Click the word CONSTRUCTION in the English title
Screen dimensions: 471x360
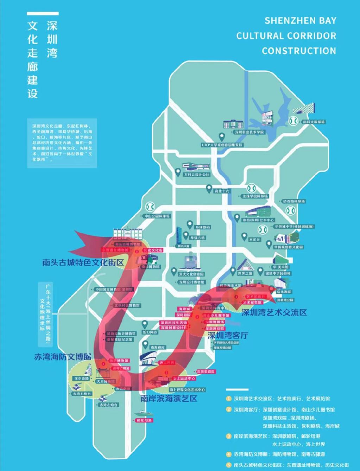point(299,51)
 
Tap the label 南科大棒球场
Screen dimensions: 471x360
point(314,122)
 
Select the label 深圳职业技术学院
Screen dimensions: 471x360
point(250,132)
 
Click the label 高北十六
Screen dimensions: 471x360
point(222,191)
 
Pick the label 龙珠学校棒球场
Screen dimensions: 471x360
point(255,196)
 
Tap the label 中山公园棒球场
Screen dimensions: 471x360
point(157,216)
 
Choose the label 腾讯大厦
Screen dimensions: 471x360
point(183,246)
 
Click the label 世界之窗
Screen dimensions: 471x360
point(245,273)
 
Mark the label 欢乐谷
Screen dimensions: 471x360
point(254,240)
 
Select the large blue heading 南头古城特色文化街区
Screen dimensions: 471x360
point(83,262)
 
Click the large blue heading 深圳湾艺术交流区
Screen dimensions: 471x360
point(274,312)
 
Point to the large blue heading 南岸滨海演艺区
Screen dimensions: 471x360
point(169,399)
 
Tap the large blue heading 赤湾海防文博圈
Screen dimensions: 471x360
point(63,356)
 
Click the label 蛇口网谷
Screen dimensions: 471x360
point(150,332)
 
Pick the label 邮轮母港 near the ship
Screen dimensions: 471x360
point(144,420)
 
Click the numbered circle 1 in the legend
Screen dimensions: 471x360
point(229,399)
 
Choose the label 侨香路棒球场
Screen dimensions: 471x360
point(294,202)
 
